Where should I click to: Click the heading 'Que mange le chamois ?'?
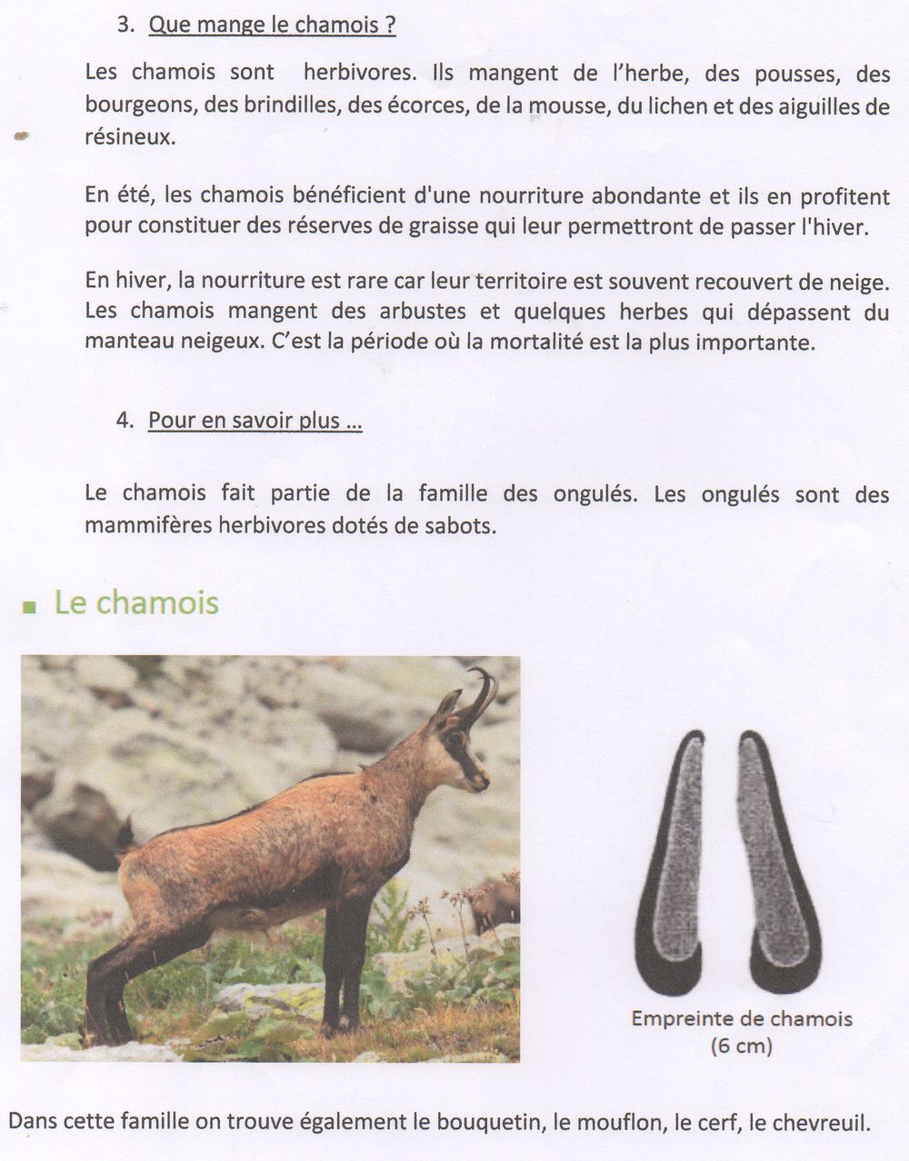tap(272, 25)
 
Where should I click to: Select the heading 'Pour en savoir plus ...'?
tap(255, 421)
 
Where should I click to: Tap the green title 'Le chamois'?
tap(136, 602)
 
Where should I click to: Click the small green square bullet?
tap(30, 607)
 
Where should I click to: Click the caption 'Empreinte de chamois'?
tap(742, 1018)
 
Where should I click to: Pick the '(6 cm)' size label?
tap(741, 1046)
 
